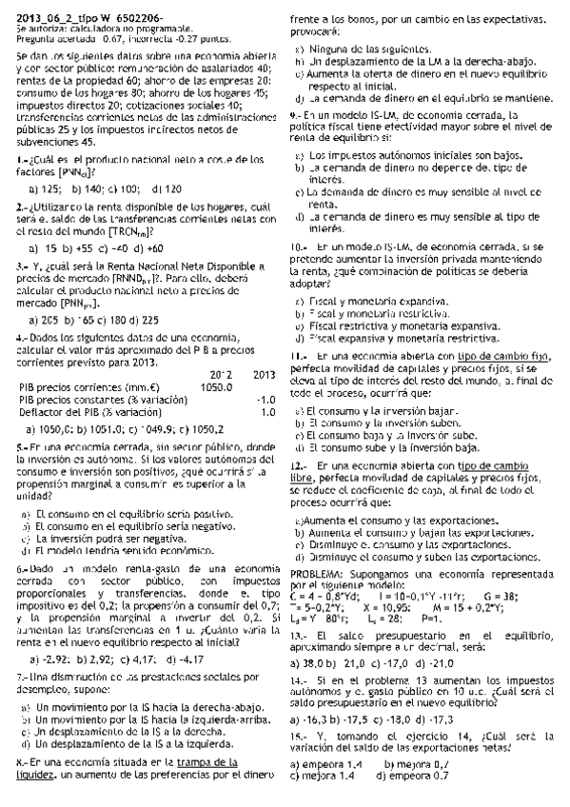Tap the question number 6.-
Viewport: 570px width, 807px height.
(24, 568)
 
